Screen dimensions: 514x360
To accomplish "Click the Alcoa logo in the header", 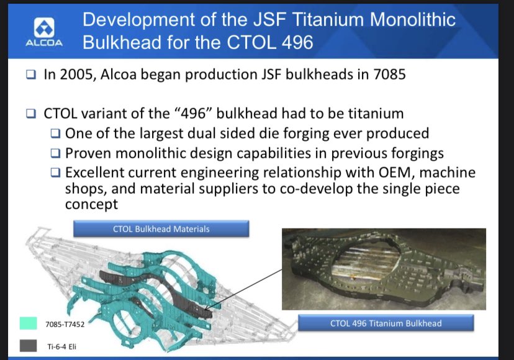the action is click(44, 32).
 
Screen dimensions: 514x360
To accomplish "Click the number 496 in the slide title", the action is click(297, 43).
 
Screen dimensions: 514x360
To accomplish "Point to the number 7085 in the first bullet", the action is click(389, 74).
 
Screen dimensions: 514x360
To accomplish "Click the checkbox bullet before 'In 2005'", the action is click(31, 74).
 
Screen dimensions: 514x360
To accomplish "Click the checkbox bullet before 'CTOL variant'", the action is click(31, 114).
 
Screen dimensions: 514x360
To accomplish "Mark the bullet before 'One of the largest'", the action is click(56, 133).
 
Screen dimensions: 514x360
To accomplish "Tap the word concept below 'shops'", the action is click(91, 205).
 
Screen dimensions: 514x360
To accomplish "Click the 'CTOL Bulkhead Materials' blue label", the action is click(161, 229).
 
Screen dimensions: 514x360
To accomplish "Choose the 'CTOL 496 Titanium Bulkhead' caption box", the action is click(386, 323).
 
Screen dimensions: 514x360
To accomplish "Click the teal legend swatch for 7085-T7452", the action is click(28, 323).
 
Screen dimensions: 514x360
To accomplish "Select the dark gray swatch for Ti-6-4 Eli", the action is click(28, 346).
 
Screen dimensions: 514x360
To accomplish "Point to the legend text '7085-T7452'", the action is click(65, 324).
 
